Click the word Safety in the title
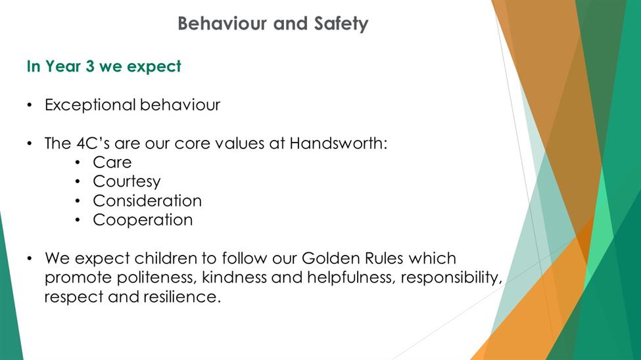[x=341, y=24]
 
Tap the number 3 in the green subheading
[x=90, y=66]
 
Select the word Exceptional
[x=90, y=105]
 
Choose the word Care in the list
[x=112, y=163]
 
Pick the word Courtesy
[x=127, y=182]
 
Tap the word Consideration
[x=147, y=201]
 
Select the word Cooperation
[x=143, y=220]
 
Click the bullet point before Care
[x=78, y=163]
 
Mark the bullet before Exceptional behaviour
[x=30, y=105]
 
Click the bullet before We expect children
[x=30, y=259]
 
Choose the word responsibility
[x=451, y=278]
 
